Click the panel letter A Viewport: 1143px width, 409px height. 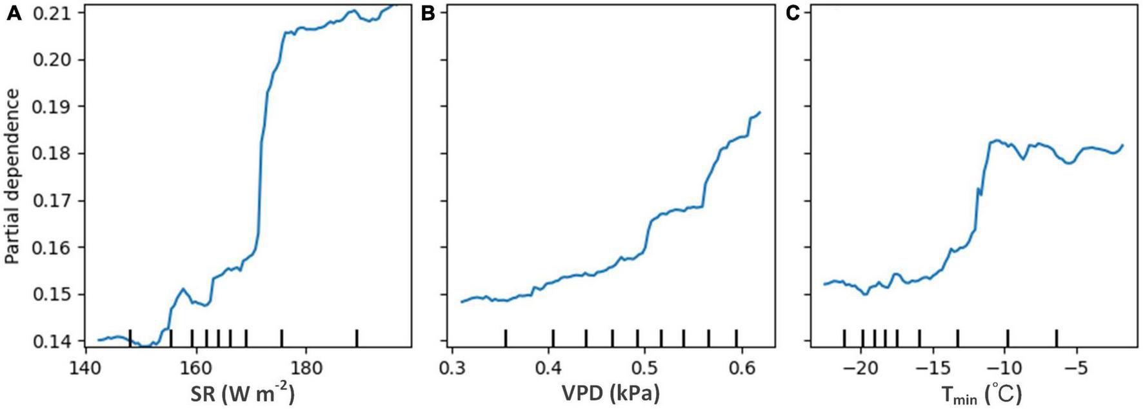pyautogui.click(x=14, y=14)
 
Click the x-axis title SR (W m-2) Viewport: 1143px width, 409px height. pyautogui.click(x=251, y=392)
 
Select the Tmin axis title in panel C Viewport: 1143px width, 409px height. pyautogui.click(x=975, y=392)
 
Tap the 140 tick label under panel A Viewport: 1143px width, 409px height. pyautogui.click(x=86, y=368)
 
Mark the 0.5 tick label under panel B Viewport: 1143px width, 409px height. pyautogui.click(x=645, y=368)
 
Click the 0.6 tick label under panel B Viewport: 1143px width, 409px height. pyautogui.click(x=742, y=368)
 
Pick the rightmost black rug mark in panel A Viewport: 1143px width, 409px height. pyautogui.click(x=357, y=337)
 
